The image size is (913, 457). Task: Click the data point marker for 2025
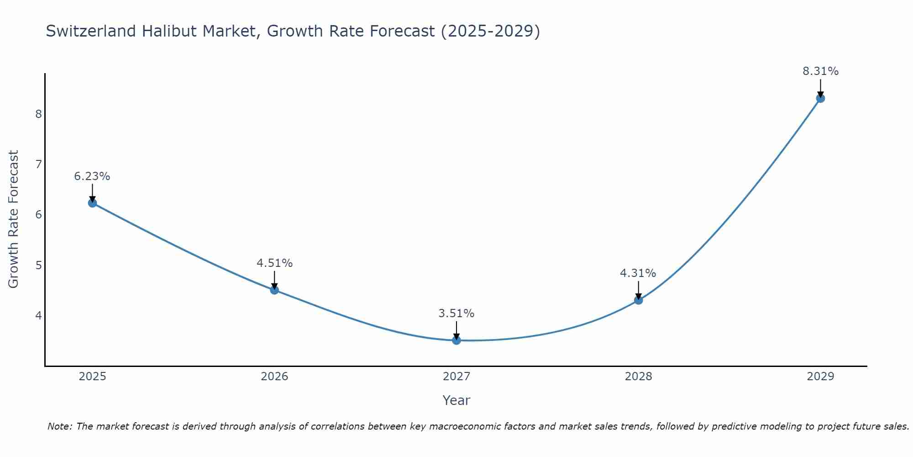point(92,203)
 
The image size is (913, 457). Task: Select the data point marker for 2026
point(274,290)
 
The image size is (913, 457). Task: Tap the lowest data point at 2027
point(456,340)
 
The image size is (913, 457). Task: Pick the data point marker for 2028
point(639,300)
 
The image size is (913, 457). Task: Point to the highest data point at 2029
point(820,98)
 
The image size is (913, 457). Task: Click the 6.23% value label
point(92,176)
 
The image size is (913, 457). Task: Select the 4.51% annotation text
point(274,263)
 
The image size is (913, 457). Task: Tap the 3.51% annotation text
point(456,314)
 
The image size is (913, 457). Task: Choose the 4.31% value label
point(638,273)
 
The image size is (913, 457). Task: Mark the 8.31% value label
point(820,71)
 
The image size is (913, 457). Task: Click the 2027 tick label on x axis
point(456,377)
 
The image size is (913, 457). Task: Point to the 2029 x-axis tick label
point(820,377)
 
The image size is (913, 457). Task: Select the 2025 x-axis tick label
point(92,377)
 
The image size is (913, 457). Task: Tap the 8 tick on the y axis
point(38,114)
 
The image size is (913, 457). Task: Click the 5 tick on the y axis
point(38,265)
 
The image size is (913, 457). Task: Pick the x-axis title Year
point(456,400)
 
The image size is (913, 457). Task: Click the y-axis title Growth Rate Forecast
point(14,219)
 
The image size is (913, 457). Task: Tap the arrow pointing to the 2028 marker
point(639,290)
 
